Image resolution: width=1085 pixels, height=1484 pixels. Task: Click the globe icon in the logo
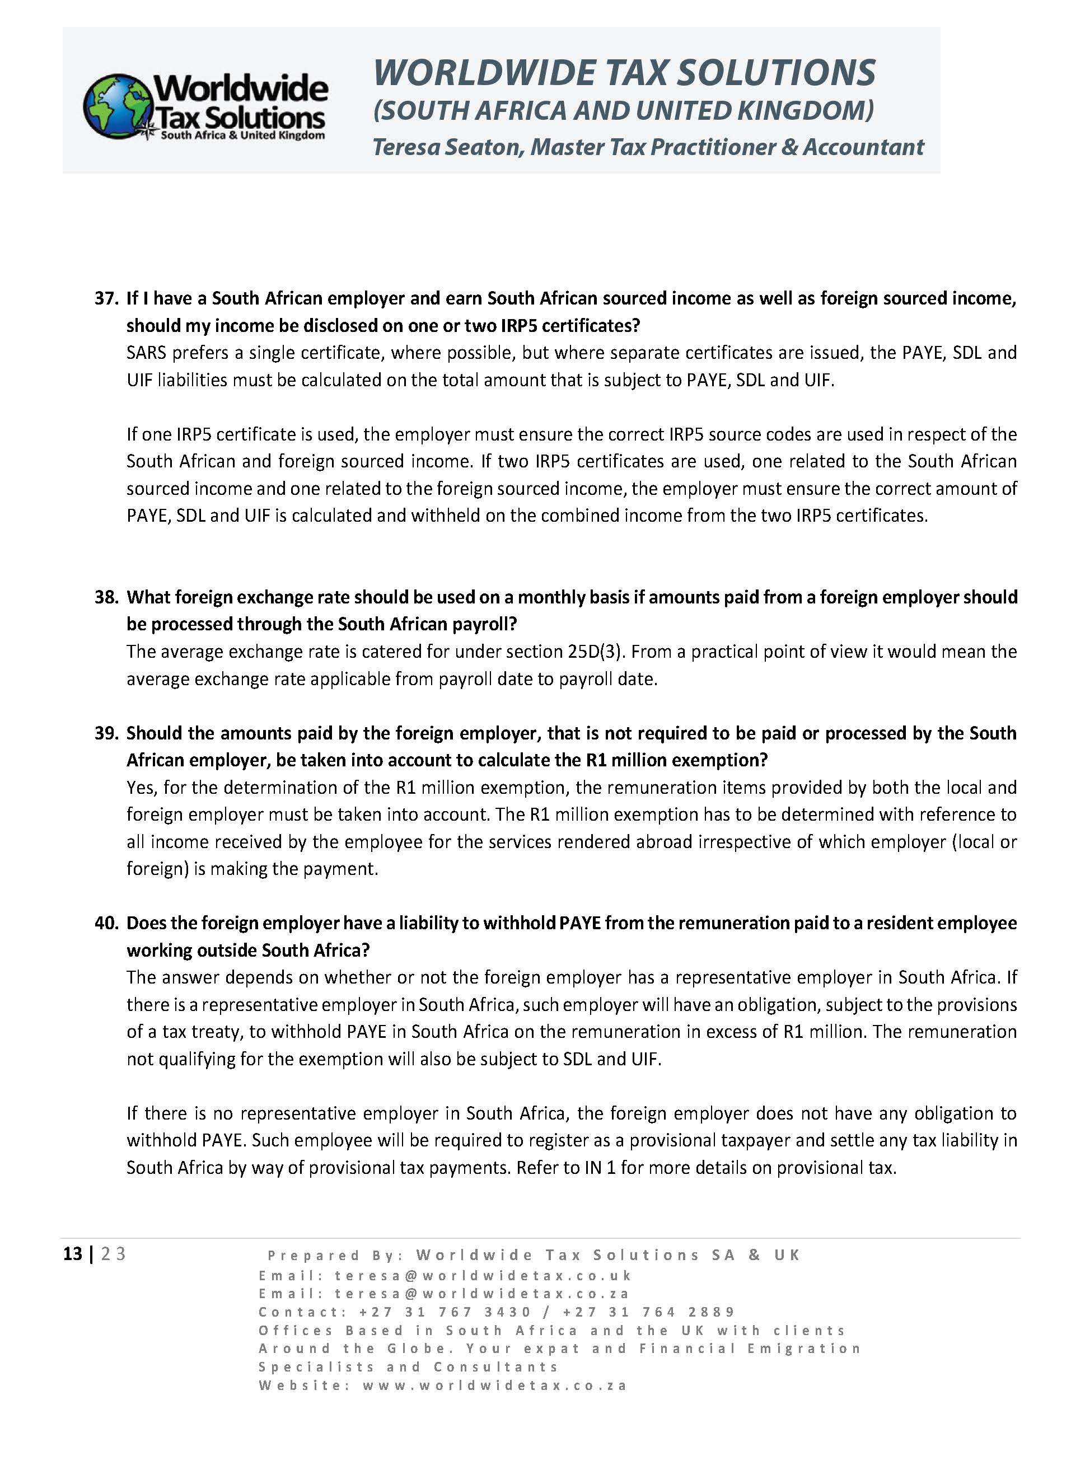[117, 106]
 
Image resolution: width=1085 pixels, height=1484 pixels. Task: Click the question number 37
[106, 299]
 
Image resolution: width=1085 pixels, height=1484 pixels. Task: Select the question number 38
[106, 597]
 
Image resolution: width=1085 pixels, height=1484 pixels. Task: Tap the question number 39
[106, 733]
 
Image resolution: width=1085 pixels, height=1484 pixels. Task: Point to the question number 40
[106, 923]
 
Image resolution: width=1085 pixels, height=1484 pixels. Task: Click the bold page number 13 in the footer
[72, 1254]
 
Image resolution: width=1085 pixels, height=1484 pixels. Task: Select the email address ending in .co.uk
[483, 1276]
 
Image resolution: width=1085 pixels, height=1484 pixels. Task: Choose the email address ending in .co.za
[482, 1294]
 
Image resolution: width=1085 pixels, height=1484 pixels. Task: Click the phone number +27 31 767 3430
[445, 1312]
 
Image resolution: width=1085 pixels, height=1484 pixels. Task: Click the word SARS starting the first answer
[146, 353]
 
